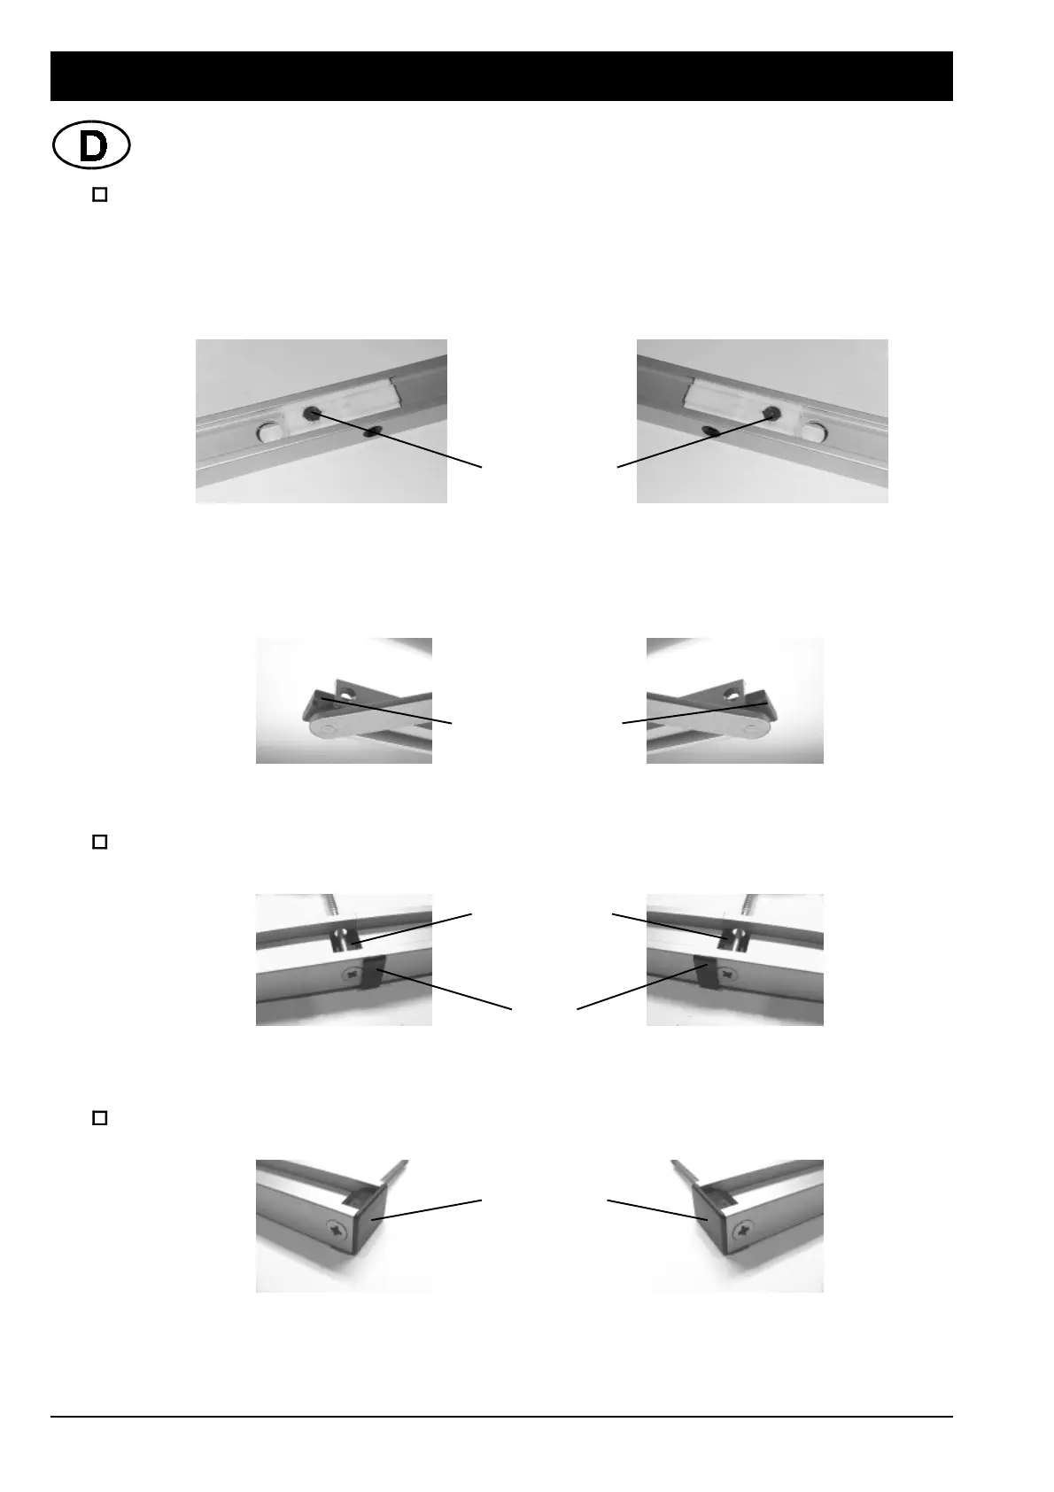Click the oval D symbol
point(91,147)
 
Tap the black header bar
point(501,76)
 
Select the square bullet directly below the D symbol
point(99,195)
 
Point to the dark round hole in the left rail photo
point(312,413)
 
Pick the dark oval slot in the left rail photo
point(373,431)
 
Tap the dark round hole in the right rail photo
point(772,413)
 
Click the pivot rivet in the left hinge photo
point(329,729)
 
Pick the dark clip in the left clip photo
point(370,975)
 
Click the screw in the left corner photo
point(337,1231)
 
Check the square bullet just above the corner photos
point(99,1118)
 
